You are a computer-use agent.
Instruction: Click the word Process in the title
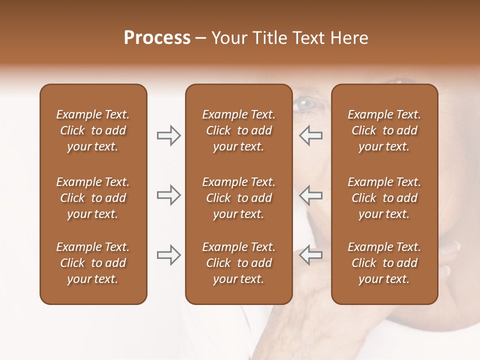[x=157, y=38]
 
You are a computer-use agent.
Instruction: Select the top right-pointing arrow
[x=168, y=135]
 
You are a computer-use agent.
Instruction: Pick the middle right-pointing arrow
[x=168, y=195]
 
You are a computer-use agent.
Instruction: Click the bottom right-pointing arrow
[x=168, y=254]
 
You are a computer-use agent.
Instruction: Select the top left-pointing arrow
[x=311, y=135]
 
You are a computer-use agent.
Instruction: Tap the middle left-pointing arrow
[x=311, y=195]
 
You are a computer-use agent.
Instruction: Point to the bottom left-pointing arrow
[x=311, y=254]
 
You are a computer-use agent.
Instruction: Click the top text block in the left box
[x=93, y=130]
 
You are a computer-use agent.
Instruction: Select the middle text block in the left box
[x=93, y=198]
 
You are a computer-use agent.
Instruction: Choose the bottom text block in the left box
[x=93, y=263]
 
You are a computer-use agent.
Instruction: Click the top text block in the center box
[x=238, y=130]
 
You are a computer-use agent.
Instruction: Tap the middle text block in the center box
[x=238, y=198]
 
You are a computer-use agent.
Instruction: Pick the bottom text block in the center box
[x=238, y=263]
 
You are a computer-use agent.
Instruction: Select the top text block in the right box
[x=384, y=130]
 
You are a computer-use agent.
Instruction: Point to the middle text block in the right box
[x=384, y=198]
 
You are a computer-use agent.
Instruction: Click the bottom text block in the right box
[x=384, y=263]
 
